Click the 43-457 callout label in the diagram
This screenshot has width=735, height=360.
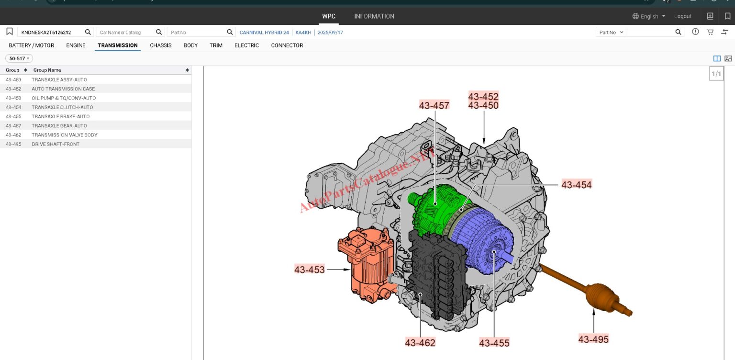[x=434, y=105]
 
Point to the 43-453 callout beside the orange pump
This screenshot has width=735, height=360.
[x=309, y=270]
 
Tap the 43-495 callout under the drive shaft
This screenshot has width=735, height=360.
[x=593, y=339]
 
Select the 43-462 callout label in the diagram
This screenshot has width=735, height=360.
[x=420, y=343]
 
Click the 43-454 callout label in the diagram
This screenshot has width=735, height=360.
[x=576, y=185]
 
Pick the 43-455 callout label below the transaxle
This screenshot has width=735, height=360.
[x=494, y=343]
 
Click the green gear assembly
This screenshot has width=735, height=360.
[x=436, y=210]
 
